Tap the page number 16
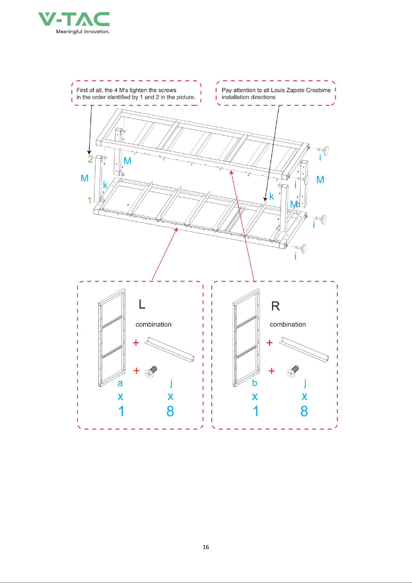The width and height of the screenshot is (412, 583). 206,547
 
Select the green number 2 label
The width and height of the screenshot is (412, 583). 90,159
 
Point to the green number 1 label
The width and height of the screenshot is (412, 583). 89,200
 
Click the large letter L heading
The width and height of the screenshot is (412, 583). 142,304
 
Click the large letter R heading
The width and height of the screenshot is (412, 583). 275,306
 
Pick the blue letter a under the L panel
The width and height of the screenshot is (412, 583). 120,383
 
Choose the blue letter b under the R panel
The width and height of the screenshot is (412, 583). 255,382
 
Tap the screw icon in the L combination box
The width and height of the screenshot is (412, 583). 151,372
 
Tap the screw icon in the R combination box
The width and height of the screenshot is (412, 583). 293,371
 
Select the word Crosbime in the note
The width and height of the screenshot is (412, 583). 318,90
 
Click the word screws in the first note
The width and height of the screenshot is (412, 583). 167,90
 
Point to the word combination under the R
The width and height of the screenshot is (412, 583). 288,324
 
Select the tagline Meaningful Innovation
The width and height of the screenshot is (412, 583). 83,31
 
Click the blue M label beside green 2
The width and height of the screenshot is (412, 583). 127,161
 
